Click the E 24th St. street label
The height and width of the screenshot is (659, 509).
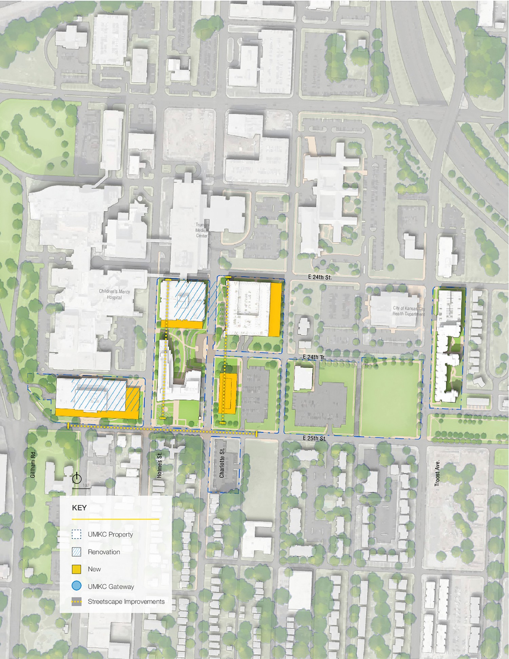(320, 277)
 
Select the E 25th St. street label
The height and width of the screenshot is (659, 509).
(315, 438)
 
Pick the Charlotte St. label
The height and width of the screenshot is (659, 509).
(222, 463)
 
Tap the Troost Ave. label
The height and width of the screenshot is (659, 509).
(437, 473)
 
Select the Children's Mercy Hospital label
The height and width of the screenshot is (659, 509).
(114, 294)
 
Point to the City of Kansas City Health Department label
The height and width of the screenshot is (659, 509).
(409, 311)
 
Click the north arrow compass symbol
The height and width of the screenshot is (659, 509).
(77, 479)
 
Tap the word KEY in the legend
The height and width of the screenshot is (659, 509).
(79, 508)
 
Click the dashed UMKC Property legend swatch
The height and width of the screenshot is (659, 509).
(77, 534)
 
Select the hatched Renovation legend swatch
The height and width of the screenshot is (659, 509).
(77, 552)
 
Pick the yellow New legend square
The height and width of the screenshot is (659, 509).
(77, 569)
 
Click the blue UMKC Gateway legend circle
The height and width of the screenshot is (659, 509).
(77, 586)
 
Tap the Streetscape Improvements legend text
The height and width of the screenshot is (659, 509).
(126, 601)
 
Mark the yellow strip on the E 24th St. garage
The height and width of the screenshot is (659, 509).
(275, 309)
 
